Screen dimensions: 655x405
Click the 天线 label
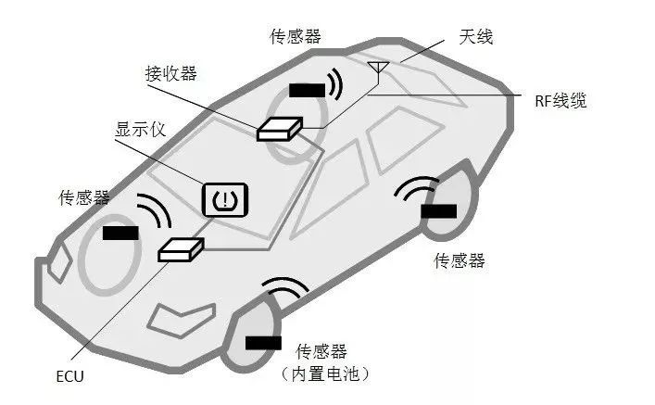(x=475, y=37)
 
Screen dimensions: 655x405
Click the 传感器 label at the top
(x=296, y=36)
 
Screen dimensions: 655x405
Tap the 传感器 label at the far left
(x=84, y=197)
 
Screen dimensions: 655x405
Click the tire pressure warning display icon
(x=225, y=198)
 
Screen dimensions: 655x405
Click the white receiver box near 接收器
(x=279, y=129)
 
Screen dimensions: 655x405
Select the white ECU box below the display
(x=181, y=248)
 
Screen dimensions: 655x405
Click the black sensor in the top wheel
(x=307, y=90)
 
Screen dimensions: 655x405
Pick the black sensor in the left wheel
(x=120, y=233)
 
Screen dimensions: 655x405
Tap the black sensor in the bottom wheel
(x=263, y=343)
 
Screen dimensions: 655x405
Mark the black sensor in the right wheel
(x=438, y=210)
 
